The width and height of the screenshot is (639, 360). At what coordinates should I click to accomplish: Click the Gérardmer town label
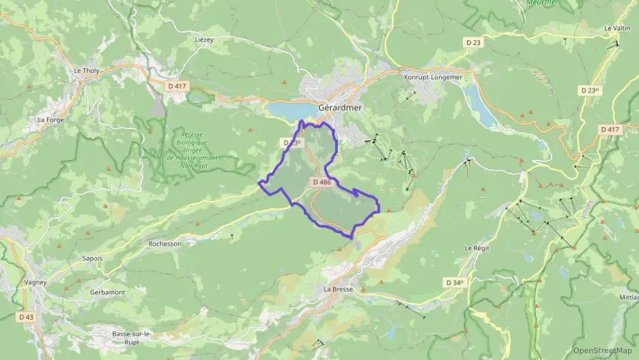340,108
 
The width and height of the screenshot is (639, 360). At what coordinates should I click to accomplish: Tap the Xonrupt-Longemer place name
433,77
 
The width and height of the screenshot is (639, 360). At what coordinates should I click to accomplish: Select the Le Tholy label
87,70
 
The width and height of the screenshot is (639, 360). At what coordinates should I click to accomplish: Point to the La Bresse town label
338,289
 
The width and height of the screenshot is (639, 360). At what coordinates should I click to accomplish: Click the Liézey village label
204,40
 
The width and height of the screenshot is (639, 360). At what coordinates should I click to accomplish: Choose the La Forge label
51,120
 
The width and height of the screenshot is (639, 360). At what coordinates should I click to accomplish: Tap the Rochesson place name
165,243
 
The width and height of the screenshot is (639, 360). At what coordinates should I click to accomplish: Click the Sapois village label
92,258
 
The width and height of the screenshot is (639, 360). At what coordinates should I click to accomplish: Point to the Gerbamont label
107,292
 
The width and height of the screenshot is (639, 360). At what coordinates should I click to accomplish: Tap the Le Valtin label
617,28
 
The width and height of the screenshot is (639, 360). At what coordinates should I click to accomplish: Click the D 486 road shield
322,182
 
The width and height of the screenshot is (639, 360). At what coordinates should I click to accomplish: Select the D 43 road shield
26,317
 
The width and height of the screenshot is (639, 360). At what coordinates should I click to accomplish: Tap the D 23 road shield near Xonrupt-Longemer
473,42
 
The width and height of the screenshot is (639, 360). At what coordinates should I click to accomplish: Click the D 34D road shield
455,282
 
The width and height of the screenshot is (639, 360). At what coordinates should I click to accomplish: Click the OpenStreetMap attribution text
602,350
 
